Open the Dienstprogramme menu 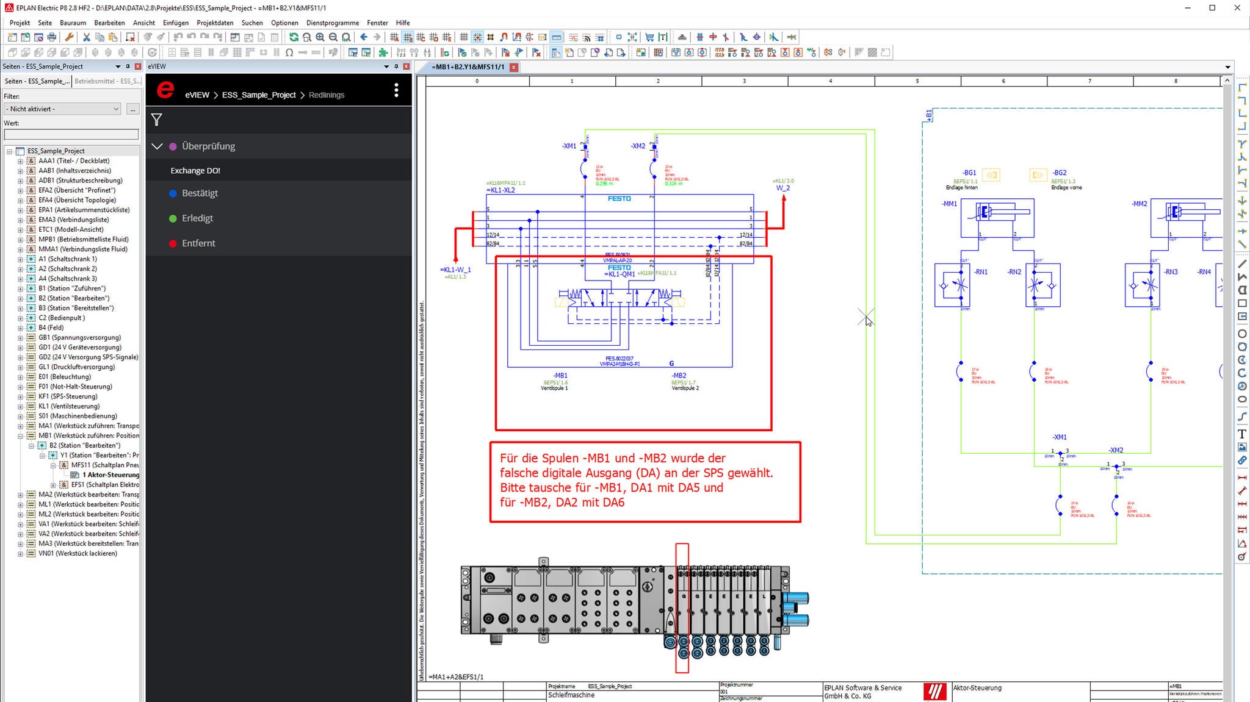point(332,23)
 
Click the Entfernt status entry point(198,243)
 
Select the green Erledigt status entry point(197,218)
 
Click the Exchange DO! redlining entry point(195,171)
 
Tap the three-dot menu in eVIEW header point(396,90)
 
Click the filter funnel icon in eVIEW point(157,120)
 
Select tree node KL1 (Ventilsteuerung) point(69,406)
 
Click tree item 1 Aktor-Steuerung point(110,475)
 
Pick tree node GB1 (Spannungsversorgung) point(79,337)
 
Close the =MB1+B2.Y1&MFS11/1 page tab point(514,67)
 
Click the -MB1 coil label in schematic point(560,376)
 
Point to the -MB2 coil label point(679,376)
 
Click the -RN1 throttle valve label point(981,272)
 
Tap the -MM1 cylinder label point(950,204)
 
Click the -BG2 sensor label point(1059,173)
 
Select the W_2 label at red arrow point(782,188)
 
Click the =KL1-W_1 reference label point(455,270)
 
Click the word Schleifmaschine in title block point(571,695)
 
